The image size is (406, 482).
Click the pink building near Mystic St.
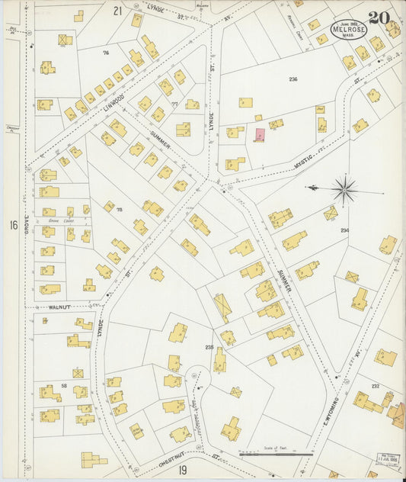(x=260, y=135)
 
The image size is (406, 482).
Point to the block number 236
(x=293, y=79)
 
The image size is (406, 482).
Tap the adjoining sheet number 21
(x=117, y=11)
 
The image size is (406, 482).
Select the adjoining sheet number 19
(x=184, y=471)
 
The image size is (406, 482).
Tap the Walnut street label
(x=59, y=307)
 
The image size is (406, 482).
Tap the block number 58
(x=64, y=387)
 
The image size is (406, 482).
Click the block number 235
(x=209, y=348)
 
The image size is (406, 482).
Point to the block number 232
(x=375, y=387)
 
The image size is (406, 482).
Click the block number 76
(x=106, y=53)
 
